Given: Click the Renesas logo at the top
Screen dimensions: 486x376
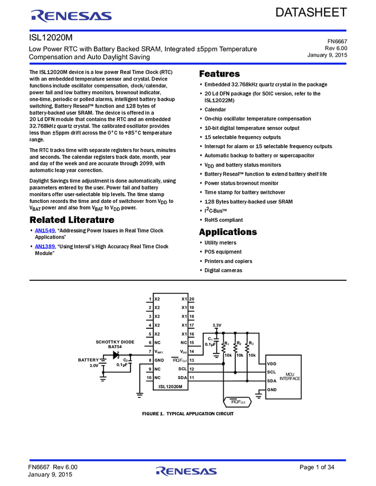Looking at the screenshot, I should [72, 16].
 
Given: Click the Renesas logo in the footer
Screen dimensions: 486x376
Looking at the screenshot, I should [187, 472].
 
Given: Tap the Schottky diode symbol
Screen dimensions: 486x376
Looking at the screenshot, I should [116, 355].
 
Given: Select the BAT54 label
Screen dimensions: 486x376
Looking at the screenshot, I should [114, 346].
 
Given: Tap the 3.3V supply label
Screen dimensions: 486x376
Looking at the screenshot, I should [216, 325].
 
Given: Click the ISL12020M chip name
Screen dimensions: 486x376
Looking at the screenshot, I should [171, 387].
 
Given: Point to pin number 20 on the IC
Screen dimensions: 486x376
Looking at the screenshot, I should [192, 299].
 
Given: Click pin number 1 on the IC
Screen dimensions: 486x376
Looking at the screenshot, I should [149, 299].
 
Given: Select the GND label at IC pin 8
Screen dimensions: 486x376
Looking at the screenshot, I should [159, 360].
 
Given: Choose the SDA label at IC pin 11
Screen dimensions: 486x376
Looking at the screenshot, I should [183, 377].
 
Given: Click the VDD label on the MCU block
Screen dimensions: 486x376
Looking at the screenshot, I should [272, 364].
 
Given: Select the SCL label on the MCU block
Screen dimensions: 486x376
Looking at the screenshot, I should [272, 372].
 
